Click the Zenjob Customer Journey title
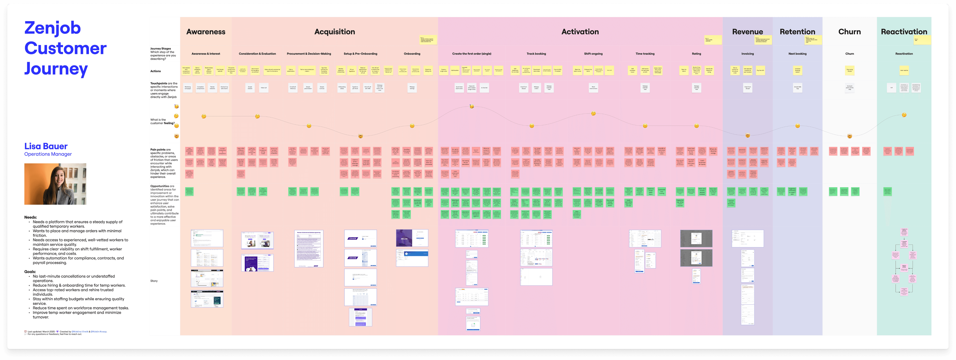tap(65, 48)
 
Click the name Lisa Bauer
tap(46, 146)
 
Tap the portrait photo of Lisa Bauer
tap(55, 184)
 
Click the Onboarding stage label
tap(412, 54)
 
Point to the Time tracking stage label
tap(645, 54)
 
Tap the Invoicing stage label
tap(747, 54)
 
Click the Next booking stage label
tap(797, 54)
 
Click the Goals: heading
tap(30, 272)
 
